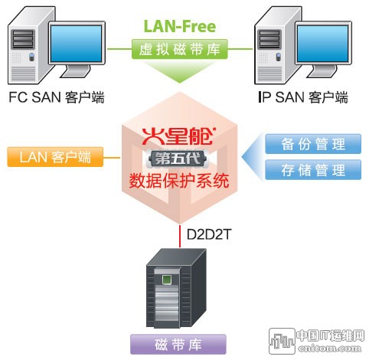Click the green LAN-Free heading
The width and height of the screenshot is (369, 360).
180,26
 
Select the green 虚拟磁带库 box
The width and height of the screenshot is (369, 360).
179,49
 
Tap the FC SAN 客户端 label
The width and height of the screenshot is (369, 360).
57,97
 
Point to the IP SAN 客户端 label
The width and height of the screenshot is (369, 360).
303,97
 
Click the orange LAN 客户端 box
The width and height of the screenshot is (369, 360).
55,157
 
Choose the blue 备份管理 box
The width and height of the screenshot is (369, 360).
313,144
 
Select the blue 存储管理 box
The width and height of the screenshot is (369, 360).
313,170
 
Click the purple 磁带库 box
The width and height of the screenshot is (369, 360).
178,344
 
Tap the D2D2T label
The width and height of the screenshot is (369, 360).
209,234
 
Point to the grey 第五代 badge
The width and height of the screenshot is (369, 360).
178,159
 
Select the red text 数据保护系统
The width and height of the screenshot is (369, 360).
179,181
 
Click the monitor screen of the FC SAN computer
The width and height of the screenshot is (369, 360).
77,44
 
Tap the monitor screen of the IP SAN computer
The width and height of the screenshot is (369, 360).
323,44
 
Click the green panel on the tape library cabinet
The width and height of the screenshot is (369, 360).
167,280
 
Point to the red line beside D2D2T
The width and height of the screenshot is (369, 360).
180,236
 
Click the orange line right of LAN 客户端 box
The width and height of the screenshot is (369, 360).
112,157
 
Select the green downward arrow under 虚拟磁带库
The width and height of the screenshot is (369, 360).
179,71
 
